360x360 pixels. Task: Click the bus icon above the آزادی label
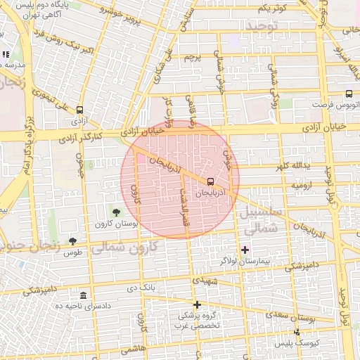pos(79,110)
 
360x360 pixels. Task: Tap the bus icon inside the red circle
pos(211,182)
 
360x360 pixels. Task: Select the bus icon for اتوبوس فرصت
pos(349,94)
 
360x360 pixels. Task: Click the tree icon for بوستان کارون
pos(117,212)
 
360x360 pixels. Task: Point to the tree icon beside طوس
pos(72,241)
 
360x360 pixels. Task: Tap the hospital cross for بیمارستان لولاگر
pos(245,250)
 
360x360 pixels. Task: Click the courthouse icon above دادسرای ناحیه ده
pos(84,295)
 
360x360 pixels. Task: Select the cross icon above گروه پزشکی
pos(197,304)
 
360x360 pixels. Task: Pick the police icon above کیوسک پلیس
pos(297,331)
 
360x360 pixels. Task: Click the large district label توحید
pos(262,26)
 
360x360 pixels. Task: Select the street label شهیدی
pos(209,280)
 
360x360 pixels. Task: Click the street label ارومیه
pos(303,185)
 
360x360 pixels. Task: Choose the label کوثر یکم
pos(271,8)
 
